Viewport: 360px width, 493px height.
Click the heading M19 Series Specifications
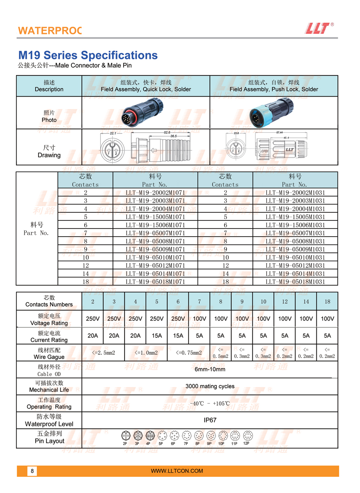tap(88, 56)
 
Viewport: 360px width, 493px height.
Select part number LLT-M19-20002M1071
tap(155, 192)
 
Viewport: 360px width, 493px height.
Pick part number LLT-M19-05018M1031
tap(295, 281)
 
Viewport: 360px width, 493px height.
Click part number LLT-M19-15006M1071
tap(155, 225)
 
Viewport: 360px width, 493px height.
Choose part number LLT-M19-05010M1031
tap(295, 257)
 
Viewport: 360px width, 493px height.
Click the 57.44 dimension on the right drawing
tap(279, 132)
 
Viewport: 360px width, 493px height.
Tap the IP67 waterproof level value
tap(210, 420)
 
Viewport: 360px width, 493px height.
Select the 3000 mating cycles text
tap(210, 386)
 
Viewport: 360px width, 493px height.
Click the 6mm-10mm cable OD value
tap(210, 369)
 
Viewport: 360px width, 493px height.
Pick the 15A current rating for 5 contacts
tap(157, 335)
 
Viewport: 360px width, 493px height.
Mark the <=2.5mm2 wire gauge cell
tap(103, 353)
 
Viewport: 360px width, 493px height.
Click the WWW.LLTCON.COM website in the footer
tap(177, 471)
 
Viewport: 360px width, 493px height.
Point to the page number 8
tap(32, 471)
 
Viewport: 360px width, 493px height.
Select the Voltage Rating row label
tap(49, 319)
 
